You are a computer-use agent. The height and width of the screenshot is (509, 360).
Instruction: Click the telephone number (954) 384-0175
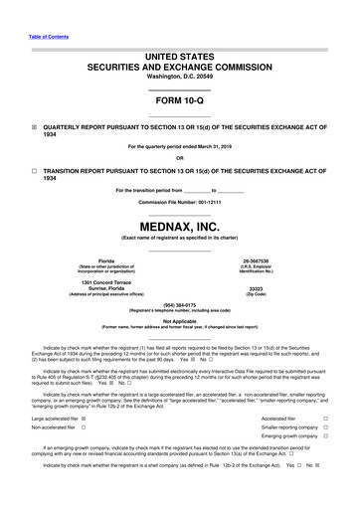click(179, 305)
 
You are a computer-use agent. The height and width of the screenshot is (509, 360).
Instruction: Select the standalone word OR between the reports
click(179, 157)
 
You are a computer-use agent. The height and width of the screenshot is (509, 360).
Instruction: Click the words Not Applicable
click(179, 321)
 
